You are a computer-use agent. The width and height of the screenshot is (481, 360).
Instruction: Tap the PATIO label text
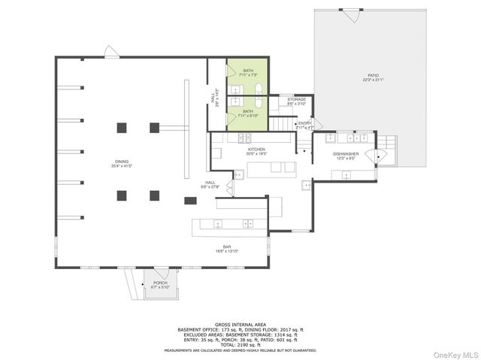373,77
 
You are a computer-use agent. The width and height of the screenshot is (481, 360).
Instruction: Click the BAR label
227,247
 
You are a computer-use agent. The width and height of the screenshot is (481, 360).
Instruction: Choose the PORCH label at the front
159,283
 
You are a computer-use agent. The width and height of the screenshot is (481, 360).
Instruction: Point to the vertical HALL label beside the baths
214,100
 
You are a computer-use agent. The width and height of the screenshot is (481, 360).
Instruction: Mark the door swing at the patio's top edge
349,14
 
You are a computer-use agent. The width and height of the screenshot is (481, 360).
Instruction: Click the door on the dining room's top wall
111,53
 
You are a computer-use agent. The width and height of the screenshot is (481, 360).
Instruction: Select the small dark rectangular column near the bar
190,201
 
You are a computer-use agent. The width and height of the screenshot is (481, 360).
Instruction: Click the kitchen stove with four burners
245,137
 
